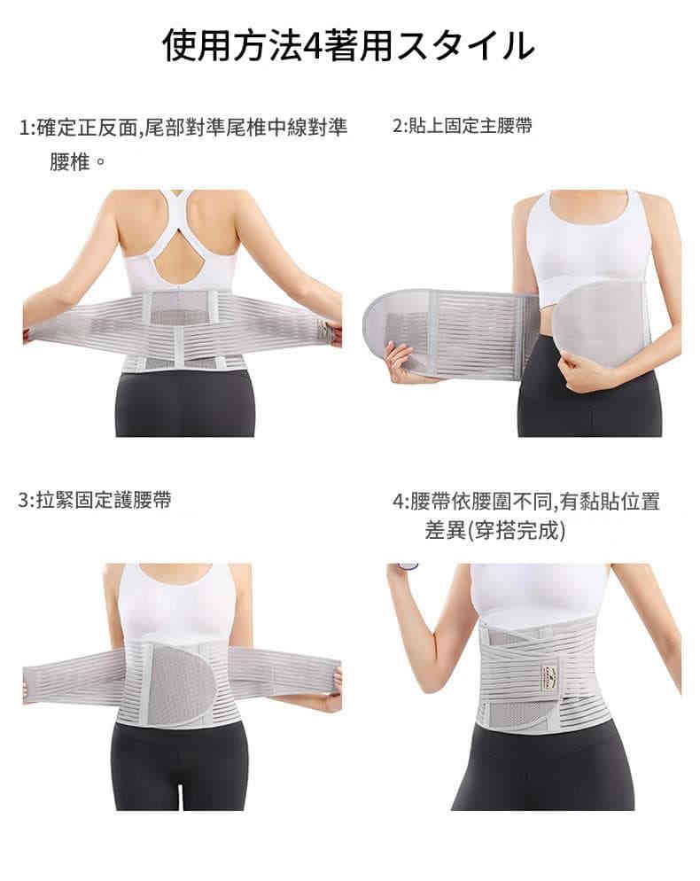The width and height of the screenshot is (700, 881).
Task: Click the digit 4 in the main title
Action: [x=311, y=46]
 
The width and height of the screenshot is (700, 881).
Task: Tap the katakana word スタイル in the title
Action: [x=466, y=45]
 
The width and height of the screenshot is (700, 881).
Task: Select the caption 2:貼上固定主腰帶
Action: [x=462, y=125]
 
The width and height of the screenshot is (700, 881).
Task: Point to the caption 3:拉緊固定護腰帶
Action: [x=95, y=500]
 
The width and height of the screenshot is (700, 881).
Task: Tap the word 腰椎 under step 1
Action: [x=70, y=162]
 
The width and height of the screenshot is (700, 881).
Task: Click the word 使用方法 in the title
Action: [x=231, y=45]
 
